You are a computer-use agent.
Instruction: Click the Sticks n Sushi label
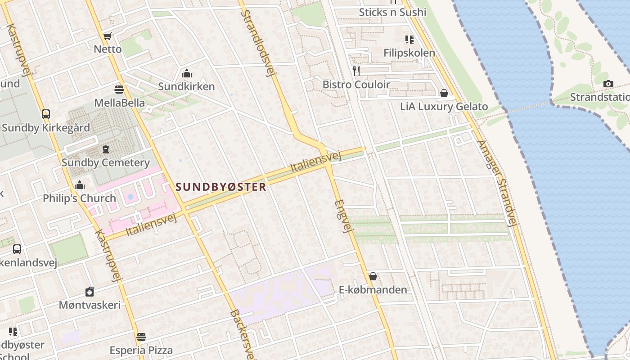tap(392, 12)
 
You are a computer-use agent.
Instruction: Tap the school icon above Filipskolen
tap(409, 40)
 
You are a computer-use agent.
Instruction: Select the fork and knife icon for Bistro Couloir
tap(356, 71)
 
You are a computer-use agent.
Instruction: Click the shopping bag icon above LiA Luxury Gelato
tap(444, 93)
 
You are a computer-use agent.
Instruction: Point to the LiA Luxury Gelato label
tap(444, 107)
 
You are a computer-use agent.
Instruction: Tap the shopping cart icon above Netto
tap(107, 36)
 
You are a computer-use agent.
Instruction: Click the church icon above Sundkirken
tap(186, 73)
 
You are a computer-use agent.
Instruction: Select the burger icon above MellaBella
tap(119, 89)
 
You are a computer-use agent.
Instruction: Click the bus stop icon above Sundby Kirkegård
tap(45, 114)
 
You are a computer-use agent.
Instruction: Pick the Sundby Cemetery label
tap(105, 162)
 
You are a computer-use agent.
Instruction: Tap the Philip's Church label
tap(79, 198)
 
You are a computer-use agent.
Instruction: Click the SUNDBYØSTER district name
tap(221, 187)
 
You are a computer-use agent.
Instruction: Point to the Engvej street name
tap(342, 216)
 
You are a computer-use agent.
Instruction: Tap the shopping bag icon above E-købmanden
tap(373, 276)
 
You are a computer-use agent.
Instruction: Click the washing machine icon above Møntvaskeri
tap(90, 292)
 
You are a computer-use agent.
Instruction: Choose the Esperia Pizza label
tap(141, 350)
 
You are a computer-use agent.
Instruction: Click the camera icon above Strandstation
tap(608, 84)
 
